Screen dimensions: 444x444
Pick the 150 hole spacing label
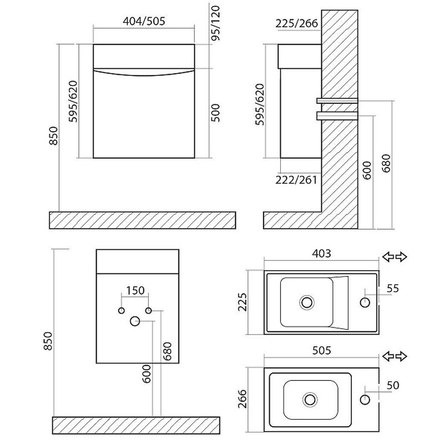135,290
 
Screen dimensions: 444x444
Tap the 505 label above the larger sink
321,350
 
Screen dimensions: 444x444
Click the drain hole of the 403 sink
306,302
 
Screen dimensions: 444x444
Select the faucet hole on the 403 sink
365,302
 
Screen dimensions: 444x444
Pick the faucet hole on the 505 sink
365,399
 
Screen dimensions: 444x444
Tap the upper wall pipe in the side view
337,100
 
